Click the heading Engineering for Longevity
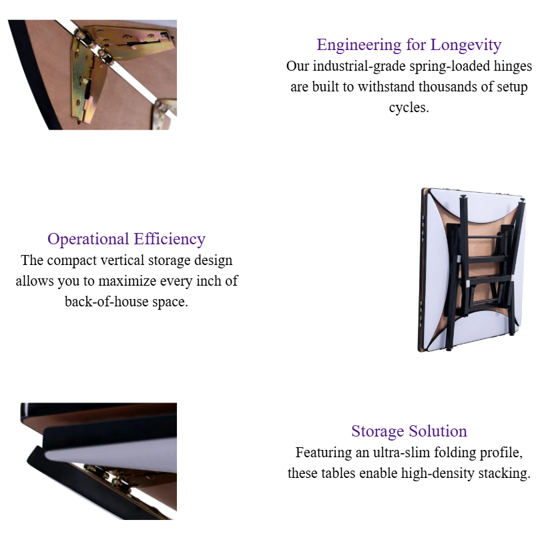coord(409,45)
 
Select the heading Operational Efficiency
coord(126,239)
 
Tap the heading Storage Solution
coord(409,431)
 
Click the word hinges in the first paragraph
coord(511,67)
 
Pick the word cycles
coord(409,108)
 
